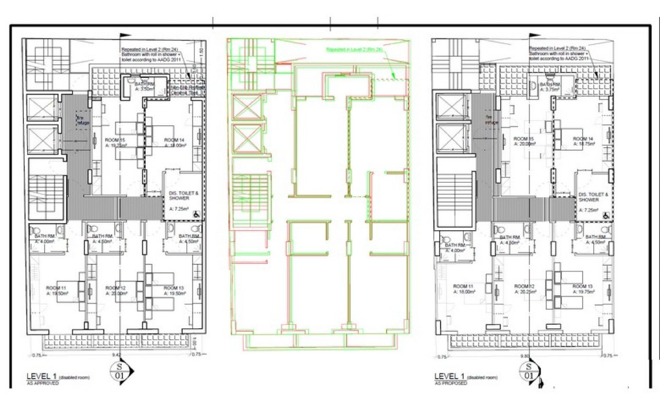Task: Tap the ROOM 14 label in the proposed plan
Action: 582,139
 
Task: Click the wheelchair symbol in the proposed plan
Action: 606,215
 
